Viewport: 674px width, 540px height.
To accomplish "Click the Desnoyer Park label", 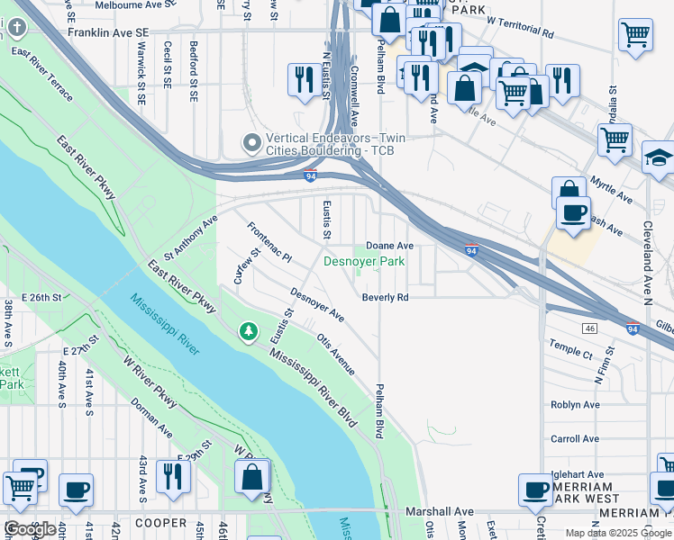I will click(x=365, y=262).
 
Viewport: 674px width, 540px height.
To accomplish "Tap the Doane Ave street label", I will click(x=389, y=245).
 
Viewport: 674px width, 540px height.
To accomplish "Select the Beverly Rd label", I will click(x=386, y=297).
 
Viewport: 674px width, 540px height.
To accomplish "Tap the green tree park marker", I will click(x=249, y=332).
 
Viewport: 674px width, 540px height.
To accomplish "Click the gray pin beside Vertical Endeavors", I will click(x=251, y=143).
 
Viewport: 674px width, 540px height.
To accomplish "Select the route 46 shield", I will click(x=590, y=327).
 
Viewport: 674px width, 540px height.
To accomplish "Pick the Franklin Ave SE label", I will click(x=107, y=31).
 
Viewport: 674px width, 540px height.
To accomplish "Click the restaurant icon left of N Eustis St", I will click(x=301, y=79).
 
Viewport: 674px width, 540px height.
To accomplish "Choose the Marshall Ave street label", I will click(x=439, y=511).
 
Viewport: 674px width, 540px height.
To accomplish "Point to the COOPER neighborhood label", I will click(x=159, y=522).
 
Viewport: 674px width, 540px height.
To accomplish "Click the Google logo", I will click(x=30, y=529).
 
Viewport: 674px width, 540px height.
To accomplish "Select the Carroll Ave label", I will click(x=575, y=439).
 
